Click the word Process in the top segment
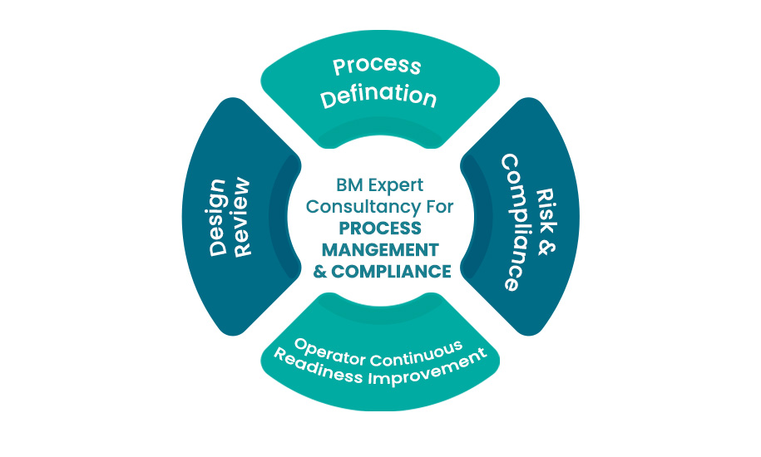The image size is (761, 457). click(377, 66)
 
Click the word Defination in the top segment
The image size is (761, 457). click(379, 96)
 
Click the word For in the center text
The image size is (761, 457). click(437, 206)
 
